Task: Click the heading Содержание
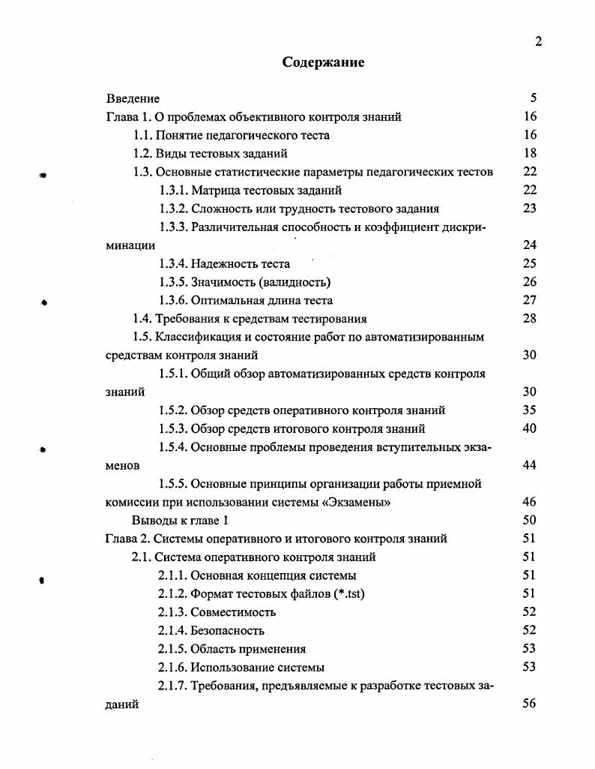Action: [323, 62]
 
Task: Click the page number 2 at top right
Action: [538, 42]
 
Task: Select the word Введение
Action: [133, 98]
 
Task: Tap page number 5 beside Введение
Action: [533, 98]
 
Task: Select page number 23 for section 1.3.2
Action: [530, 209]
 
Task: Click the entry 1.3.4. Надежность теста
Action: [224, 263]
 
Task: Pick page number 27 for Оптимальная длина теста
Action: [530, 300]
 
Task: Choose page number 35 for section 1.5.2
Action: [530, 410]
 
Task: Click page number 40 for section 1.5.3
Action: [530, 428]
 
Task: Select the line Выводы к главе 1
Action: [178, 520]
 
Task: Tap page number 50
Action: [530, 520]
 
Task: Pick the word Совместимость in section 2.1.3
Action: [230, 612]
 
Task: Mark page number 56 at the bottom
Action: [530, 704]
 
